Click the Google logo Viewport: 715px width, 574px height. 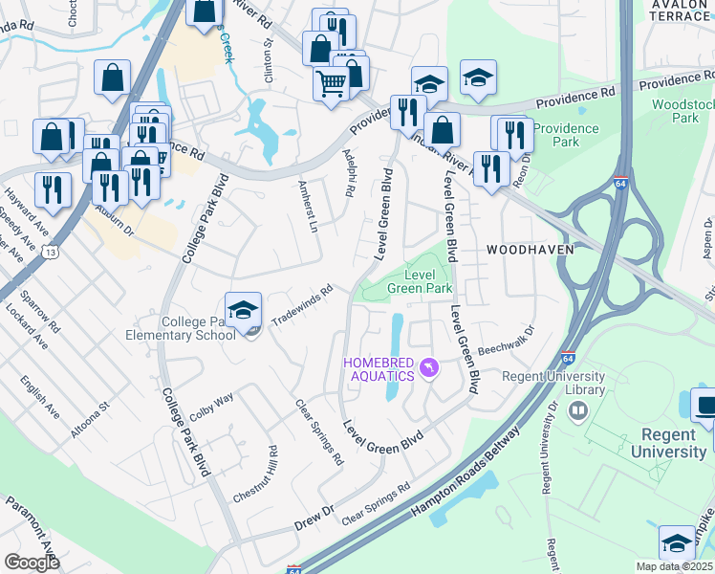point(32,563)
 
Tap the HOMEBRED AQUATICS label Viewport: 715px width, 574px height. point(379,368)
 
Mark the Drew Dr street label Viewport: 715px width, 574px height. point(313,517)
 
